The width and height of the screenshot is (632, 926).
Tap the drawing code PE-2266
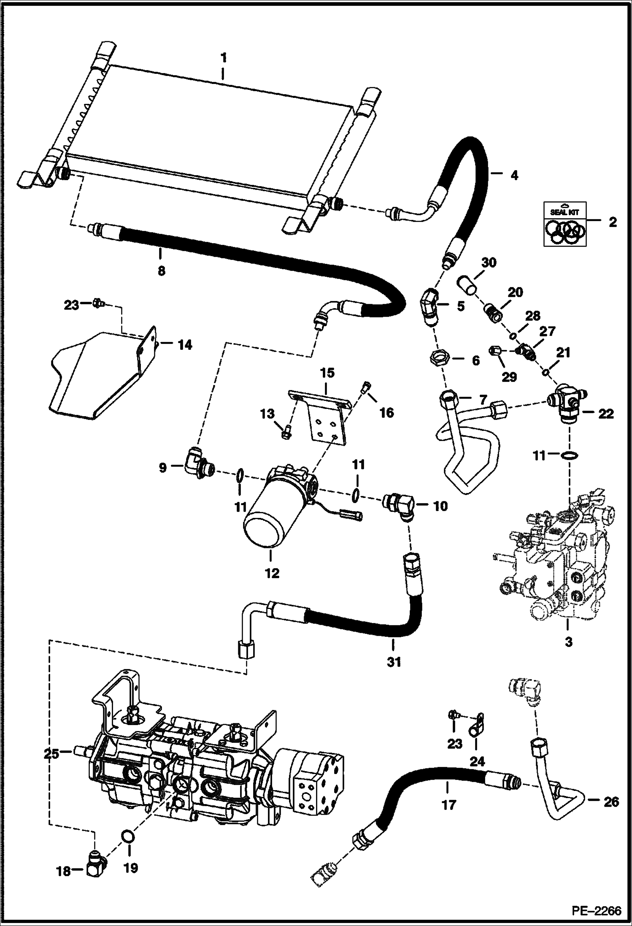click(596, 910)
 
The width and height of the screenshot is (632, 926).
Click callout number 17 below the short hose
click(449, 805)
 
